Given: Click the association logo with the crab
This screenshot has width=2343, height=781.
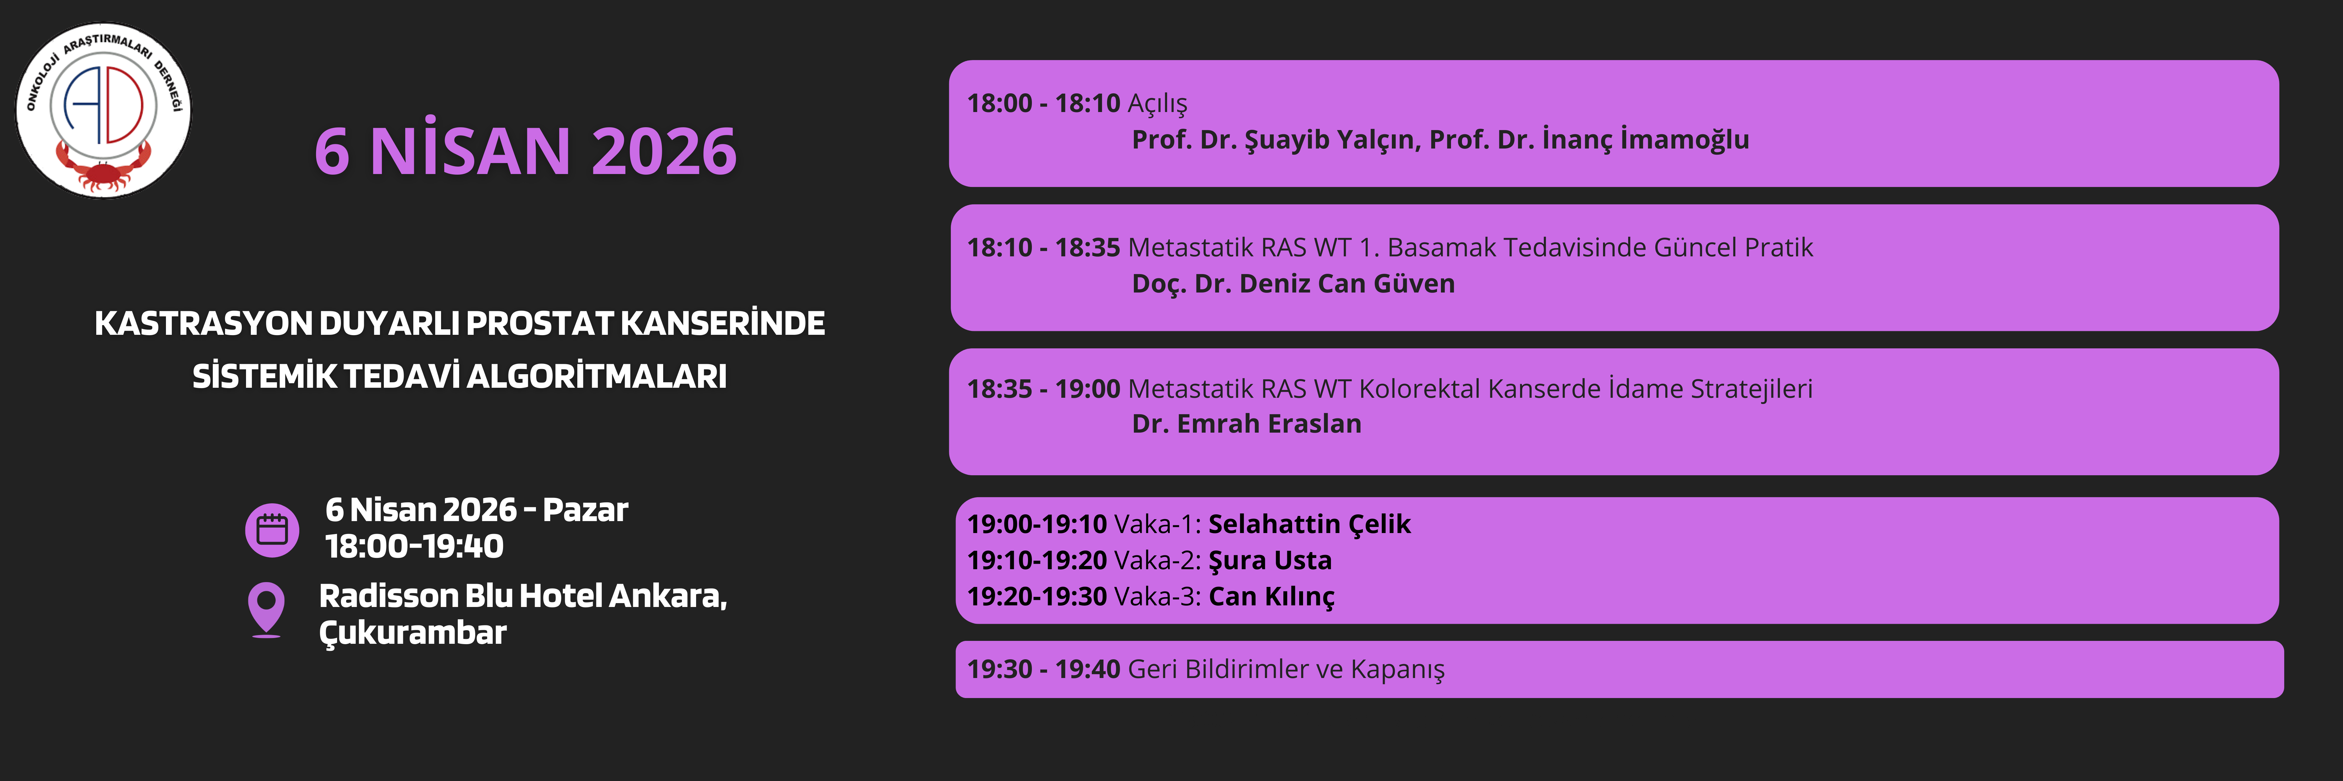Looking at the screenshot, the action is (104, 110).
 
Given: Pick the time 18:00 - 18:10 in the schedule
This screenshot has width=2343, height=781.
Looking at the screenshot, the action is (1043, 104).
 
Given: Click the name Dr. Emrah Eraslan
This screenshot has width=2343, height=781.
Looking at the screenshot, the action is (1246, 424).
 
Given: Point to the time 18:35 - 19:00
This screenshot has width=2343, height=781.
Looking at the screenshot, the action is (1043, 389).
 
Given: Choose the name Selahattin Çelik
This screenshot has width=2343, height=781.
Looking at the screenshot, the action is (1309, 525).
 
